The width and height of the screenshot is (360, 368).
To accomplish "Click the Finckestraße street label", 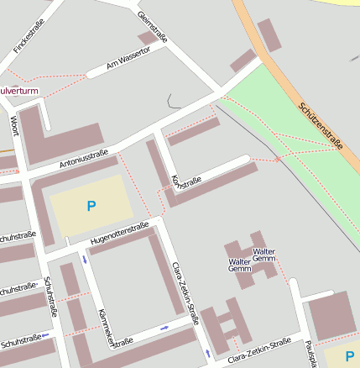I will click(29, 38).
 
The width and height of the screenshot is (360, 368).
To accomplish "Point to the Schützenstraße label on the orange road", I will click(321, 125).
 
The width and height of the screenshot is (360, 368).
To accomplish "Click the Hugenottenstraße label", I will click(119, 233).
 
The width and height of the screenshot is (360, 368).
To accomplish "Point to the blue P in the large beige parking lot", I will click(91, 205).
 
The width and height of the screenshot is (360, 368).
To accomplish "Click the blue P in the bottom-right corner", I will click(349, 356).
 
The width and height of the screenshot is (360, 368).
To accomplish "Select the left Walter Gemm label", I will click(239, 265).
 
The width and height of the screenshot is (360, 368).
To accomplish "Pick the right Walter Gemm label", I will click(264, 255).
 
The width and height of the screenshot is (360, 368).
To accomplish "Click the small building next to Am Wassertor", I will click(149, 38).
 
